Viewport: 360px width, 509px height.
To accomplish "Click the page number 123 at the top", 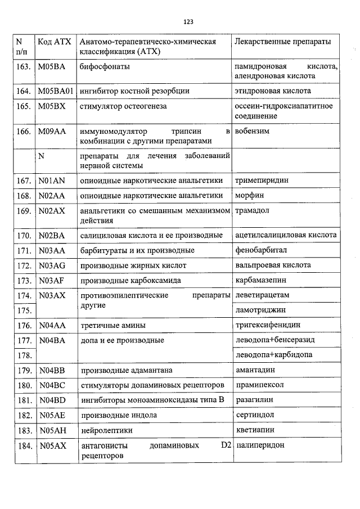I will [x=188, y=22].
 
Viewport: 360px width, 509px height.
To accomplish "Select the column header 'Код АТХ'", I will [x=53, y=42].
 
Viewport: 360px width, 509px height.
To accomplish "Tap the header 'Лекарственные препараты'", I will [x=282, y=42].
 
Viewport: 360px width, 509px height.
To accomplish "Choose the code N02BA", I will [x=52, y=235].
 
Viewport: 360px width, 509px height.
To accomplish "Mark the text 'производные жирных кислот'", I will [x=133, y=265].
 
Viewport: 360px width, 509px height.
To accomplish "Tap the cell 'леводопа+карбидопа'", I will [x=274, y=355].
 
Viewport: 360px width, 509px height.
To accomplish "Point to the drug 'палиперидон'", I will [x=260, y=445].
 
